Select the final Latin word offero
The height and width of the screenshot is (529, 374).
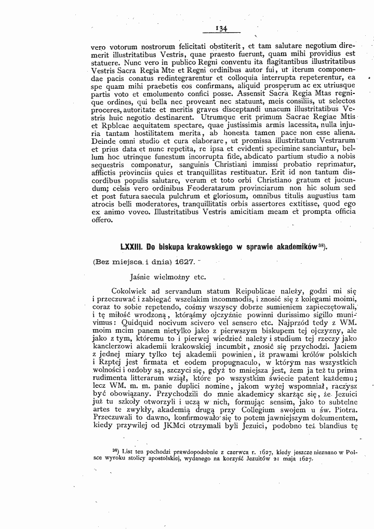[101, 220]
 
